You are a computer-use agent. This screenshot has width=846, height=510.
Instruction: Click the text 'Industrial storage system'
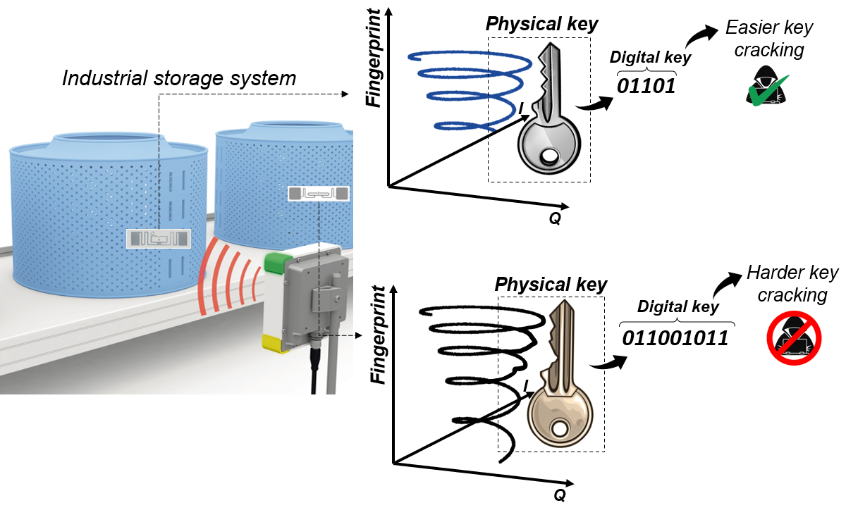click(179, 77)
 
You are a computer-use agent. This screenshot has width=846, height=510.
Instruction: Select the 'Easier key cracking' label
click(768, 39)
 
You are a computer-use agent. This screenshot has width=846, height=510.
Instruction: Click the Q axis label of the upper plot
click(555, 219)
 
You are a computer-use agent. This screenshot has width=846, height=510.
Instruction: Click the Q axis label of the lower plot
click(559, 495)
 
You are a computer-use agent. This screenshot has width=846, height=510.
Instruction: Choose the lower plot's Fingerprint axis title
click(381, 335)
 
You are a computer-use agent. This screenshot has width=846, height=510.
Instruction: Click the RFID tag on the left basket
click(159, 239)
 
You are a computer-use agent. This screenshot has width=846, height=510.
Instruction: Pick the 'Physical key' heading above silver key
click(541, 24)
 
